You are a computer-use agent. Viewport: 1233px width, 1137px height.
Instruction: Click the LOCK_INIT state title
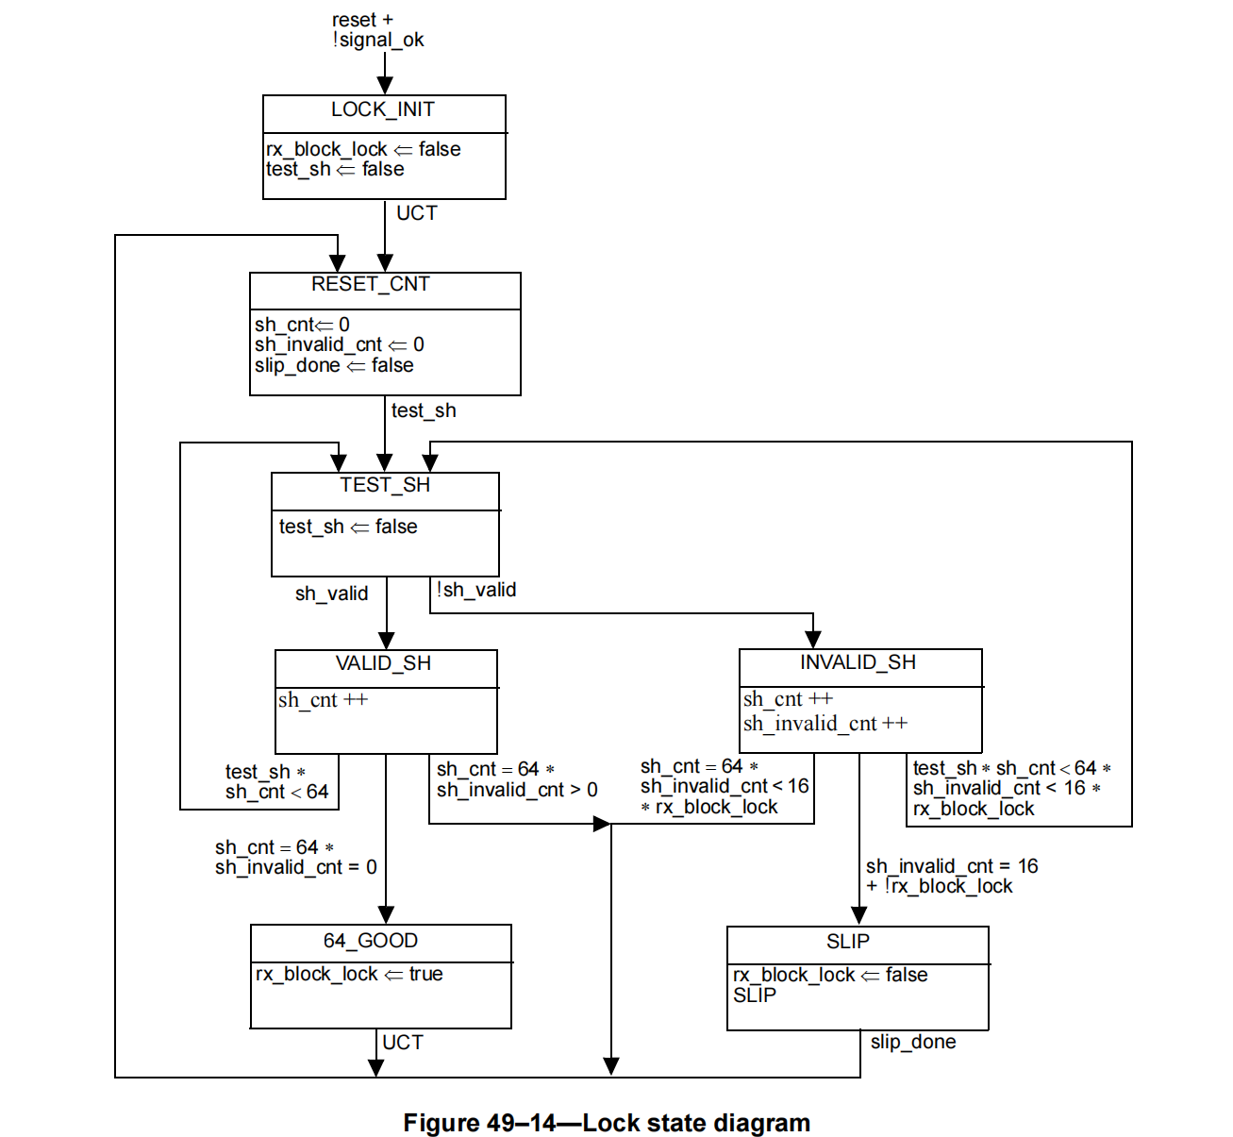point(383,110)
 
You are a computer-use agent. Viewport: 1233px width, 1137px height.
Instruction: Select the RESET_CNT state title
point(371,285)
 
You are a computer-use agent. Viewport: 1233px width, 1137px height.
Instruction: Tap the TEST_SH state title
point(385,486)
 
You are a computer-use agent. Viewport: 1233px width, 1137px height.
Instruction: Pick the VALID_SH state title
point(383,664)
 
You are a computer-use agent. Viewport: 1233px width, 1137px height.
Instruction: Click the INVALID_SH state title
point(858,663)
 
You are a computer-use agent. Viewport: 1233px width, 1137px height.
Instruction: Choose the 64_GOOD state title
point(371,942)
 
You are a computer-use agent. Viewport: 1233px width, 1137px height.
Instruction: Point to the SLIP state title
point(848,943)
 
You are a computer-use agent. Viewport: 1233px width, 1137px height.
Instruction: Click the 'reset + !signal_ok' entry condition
point(377,30)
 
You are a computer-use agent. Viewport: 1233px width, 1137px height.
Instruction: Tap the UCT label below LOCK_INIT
point(417,214)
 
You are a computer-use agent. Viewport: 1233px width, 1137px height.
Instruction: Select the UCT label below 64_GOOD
point(403,1043)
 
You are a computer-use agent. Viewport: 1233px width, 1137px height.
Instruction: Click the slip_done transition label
point(913,1043)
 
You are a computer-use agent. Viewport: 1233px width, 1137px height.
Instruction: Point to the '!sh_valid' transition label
point(476,591)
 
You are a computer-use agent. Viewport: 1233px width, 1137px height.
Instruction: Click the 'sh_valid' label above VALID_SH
point(331,594)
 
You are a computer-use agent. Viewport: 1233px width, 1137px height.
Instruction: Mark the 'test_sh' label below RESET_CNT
point(424,411)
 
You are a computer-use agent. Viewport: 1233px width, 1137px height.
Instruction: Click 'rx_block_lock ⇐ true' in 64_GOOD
point(349,975)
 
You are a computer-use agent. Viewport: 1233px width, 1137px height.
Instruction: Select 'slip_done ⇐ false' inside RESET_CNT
point(334,366)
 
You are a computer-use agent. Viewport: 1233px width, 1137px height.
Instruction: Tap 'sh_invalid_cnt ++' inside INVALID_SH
point(825,725)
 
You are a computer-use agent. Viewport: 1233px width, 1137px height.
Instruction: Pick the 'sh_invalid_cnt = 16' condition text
point(952,866)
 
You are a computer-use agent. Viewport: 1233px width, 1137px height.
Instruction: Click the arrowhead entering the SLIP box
point(859,916)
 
